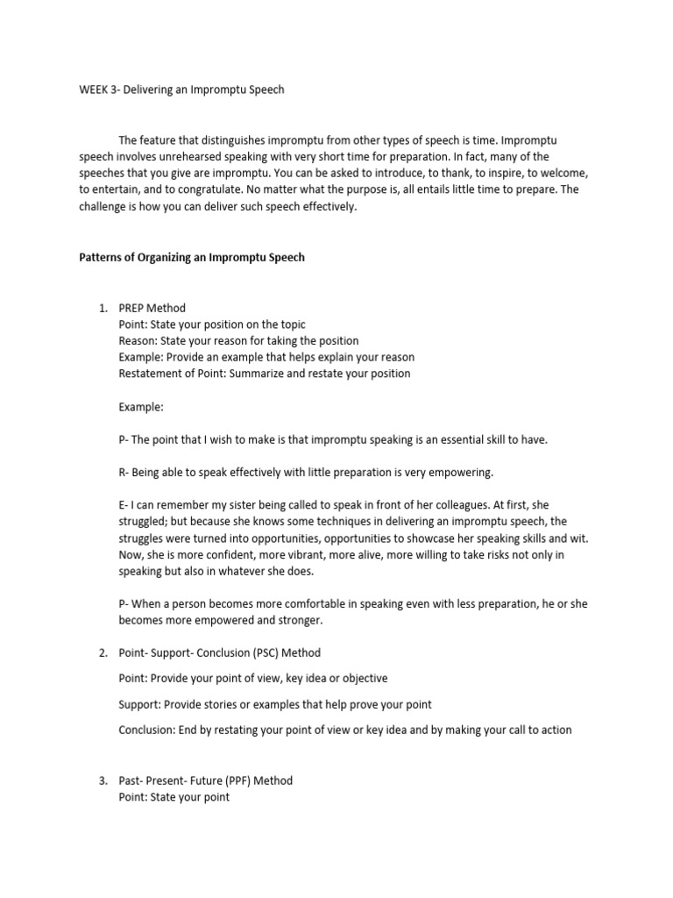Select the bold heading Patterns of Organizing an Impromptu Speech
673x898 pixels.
(192, 258)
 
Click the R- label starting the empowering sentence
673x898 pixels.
(124, 473)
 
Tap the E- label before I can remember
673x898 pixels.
(124, 506)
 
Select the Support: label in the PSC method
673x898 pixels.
(141, 704)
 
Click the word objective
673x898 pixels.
(361, 679)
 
